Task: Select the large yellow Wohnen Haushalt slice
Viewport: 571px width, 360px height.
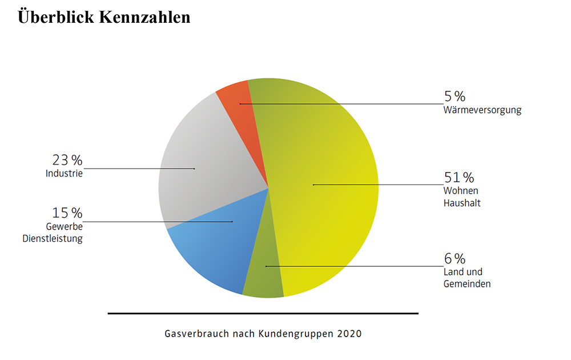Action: pyautogui.click(x=325, y=189)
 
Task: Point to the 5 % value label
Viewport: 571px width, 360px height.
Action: pyautogui.click(x=455, y=96)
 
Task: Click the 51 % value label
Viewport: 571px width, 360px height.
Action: pyautogui.click(x=459, y=177)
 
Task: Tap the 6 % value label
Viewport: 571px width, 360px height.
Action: pyautogui.click(x=455, y=258)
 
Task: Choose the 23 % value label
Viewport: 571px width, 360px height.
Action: pyautogui.click(x=67, y=160)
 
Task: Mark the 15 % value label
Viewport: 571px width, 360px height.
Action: pyautogui.click(x=67, y=213)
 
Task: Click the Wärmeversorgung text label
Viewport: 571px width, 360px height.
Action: pyautogui.click(x=482, y=110)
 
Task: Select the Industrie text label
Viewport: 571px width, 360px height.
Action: pyautogui.click(x=64, y=173)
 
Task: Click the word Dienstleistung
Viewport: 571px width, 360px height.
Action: pyautogui.click(x=53, y=238)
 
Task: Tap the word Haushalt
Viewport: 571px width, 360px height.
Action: pyautogui.click(x=462, y=202)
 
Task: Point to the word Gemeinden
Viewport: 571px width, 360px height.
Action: pyautogui.click(x=467, y=283)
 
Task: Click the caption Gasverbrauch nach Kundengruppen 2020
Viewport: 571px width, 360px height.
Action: pyautogui.click(x=263, y=333)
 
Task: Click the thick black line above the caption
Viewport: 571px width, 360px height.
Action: pyautogui.click(x=263, y=313)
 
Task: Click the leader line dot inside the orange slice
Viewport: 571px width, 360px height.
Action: pyautogui.click(x=240, y=103)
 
